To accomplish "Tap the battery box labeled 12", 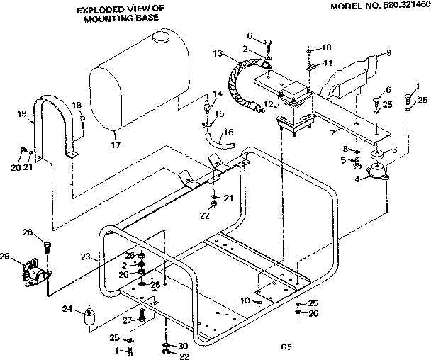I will (294, 106).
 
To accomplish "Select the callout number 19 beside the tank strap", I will (22, 113).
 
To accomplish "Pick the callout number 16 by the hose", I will (228, 132).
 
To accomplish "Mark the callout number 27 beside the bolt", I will (128, 320).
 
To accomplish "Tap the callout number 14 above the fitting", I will (217, 94).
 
